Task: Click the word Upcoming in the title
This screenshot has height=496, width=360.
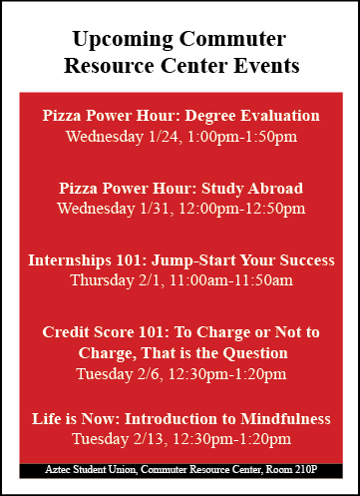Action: click(x=123, y=40)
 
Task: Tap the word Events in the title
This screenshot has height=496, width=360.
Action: click(x=266, y=66)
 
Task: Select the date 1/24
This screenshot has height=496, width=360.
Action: click(x=164, y=137)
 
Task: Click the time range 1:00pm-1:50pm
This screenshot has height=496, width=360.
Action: click(x=242, y=137)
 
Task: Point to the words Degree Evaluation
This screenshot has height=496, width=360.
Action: click(x=252, y=117)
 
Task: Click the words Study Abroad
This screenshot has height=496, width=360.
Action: click(x=252, y=189)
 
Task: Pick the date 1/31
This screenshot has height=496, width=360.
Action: click(x=156, y=209)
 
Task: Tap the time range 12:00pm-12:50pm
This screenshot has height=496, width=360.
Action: click(x=242, y=209)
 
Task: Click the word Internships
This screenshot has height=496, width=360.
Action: click(x=69, y=260)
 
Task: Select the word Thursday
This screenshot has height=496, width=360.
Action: click(x=102, y=280)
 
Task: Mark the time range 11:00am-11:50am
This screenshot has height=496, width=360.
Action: click(x=231, y=280)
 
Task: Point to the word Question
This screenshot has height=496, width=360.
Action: click(x=255, y=353)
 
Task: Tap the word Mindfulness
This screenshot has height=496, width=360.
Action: click(x=285, y=419)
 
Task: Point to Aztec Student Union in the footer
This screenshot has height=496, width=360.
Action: click(x=91, y=469)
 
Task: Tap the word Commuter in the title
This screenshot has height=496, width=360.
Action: click(x=232, y=39)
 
